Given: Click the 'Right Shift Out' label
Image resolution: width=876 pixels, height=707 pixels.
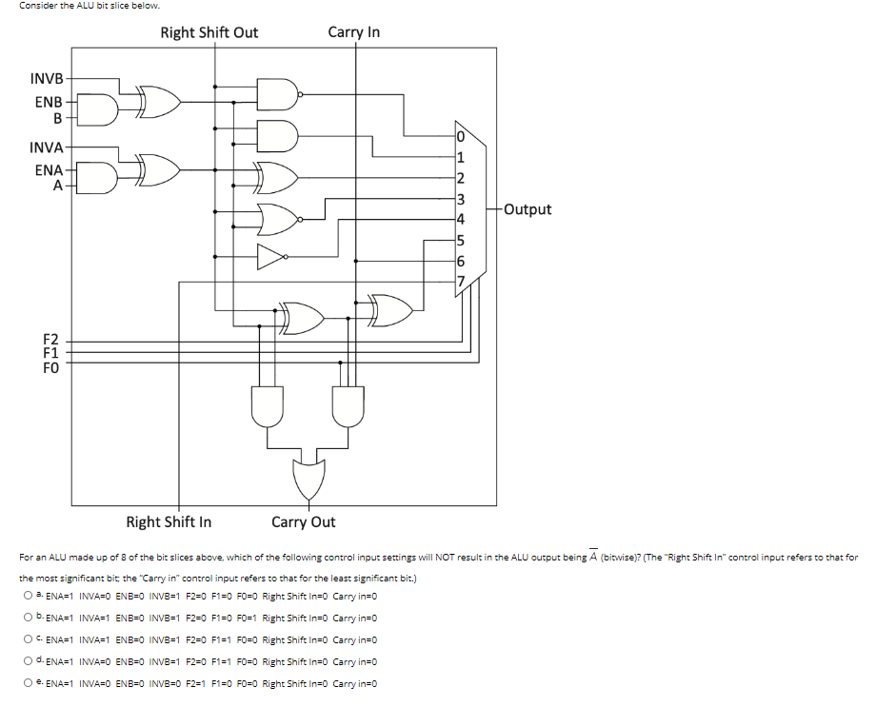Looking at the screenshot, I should coord(209,32).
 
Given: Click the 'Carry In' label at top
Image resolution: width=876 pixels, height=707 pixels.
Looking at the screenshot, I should coord(353,31).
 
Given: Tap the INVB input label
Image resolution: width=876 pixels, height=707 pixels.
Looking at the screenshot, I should coord(47,77).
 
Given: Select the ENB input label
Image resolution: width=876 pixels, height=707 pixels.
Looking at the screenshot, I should coord(49,102).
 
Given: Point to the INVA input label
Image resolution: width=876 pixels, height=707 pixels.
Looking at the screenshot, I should coord(47,147).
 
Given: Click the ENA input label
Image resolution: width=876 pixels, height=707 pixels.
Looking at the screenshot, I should coord(49,170).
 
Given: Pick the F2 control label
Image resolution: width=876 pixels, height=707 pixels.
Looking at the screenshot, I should coord(50,340).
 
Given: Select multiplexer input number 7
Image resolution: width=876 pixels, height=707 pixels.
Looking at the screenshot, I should coord(461,282).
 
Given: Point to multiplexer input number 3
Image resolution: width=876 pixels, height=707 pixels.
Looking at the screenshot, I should coord(461,199).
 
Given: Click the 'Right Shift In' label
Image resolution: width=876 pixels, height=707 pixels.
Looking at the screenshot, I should coord(169,521).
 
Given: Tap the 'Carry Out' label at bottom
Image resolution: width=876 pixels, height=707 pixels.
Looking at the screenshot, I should coord(303,521).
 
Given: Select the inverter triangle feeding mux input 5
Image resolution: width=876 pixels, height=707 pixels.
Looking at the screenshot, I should coord(271,256).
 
